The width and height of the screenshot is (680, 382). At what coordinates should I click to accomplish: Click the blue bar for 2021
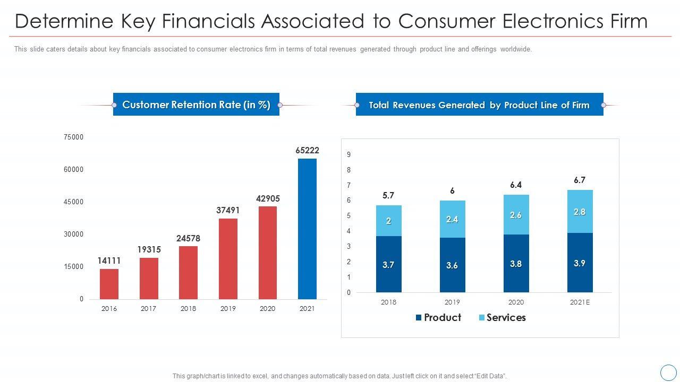click(x=307, y=229)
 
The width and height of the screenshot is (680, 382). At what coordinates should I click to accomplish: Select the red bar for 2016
click(x=109, y=284)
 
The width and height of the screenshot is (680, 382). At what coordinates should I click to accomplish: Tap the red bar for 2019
click(x=228, y=259)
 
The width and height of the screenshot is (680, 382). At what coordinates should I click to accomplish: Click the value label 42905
click(x=268, y=198)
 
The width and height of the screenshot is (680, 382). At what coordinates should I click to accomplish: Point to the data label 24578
click(x=188, y=238)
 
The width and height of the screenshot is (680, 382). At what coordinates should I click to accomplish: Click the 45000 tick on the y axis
click(x=73, y=202)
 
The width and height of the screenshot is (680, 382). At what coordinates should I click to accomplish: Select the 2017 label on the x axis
click(x=148, y=308)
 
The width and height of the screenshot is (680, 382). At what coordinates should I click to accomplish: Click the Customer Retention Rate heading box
click(x=196, y=105)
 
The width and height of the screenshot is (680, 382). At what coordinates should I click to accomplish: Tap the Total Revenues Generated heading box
click(x=479, y=105)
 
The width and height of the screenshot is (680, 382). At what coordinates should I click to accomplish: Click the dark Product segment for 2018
click(x=388, y=264)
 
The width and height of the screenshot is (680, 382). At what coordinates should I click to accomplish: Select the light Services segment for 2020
click(x=516, y=214)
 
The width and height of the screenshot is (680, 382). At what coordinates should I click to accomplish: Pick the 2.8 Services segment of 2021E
click(x=580, y=211)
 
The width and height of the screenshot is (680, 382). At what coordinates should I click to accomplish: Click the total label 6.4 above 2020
click(x=516, y=185)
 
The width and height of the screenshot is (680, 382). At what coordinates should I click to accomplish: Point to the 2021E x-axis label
click(x=580, y=302)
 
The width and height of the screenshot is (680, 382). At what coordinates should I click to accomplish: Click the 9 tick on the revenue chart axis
click(x=349, y=154)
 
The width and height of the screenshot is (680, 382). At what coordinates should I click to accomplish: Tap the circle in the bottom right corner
click(x=668, y=372)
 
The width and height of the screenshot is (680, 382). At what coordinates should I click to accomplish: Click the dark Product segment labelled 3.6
click(x=452, y=265)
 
